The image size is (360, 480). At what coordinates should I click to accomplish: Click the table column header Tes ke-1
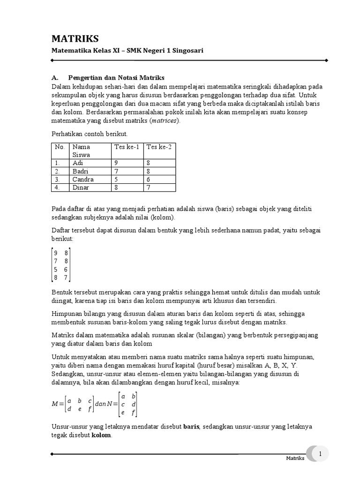tap(126, 147)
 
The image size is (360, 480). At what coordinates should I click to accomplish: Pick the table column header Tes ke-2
tap(159, 147)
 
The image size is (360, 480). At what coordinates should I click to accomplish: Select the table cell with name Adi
tap(78, 163)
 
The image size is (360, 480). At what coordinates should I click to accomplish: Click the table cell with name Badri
tap(81, 171)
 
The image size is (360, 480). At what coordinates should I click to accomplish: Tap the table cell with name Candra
tap(83, 179)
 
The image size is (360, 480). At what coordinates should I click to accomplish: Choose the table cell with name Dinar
tap(81, 187)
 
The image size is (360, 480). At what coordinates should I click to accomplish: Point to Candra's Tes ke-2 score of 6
tap(149, 179)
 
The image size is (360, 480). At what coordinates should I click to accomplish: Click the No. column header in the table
tap(60, 147)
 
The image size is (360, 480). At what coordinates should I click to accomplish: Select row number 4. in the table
tap(58, 187)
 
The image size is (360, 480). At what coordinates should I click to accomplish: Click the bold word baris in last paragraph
tap(191, 427)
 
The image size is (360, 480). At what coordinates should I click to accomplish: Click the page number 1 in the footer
tap(320, 454)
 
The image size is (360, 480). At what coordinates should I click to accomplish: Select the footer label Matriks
tap(295, 458)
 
